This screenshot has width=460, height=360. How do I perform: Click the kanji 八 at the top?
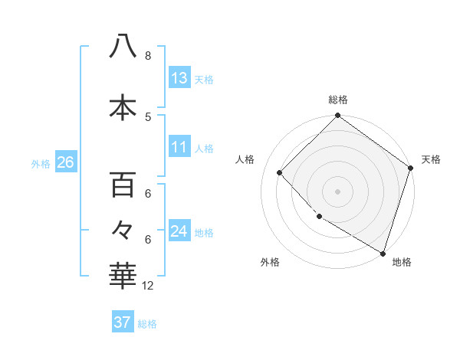123,46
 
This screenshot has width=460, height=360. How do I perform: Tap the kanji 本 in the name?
123,107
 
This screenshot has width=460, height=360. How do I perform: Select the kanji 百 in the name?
123,185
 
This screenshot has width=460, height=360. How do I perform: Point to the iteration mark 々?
123,228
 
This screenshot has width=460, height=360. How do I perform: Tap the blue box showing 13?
179,78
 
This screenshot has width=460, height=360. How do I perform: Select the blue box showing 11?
179,148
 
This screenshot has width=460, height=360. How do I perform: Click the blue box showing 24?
179,231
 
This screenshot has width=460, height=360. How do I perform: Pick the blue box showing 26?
65,162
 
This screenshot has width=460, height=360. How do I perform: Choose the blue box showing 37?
123,322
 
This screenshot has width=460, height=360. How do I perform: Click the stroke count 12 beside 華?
148,286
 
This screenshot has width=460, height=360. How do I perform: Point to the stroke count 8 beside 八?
148,56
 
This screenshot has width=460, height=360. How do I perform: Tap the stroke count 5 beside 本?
148,116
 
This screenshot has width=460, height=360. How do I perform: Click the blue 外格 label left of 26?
41,163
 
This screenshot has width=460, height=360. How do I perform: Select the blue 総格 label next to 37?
147,323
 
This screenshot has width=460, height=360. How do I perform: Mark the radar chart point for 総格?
337,116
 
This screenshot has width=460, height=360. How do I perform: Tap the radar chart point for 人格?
280,173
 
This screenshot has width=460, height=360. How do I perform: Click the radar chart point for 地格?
382,252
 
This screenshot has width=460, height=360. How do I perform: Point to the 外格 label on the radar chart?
270,262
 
